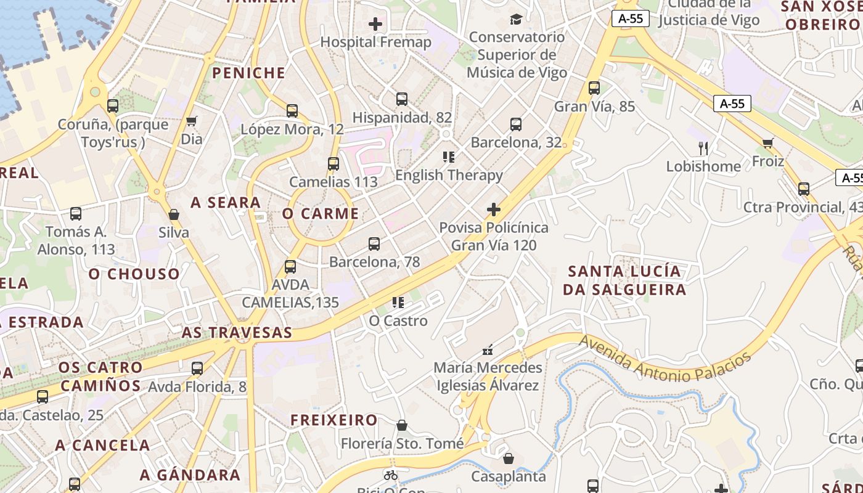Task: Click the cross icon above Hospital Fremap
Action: point(375,25)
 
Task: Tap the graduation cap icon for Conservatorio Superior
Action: point(516,20)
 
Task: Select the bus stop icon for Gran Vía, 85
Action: point(594,88)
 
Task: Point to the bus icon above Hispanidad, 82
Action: point(402,99)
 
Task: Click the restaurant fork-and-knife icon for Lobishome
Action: point(703,148)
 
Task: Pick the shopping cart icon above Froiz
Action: point(767,144)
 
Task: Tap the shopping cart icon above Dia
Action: point(192,121)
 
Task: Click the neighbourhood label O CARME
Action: point(321,214)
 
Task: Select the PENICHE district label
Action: point(249,73)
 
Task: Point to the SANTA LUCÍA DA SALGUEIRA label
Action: point(624,280)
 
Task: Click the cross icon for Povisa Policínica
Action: point(493,210)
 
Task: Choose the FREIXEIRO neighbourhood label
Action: point(334,420)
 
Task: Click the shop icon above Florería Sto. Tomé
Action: point(402,425)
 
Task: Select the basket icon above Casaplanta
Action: point(509,458)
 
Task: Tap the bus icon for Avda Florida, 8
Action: point(197,369)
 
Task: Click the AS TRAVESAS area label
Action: point(237,333)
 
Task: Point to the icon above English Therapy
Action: point(449,157)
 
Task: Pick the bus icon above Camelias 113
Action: point(333,164)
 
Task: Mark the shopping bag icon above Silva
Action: point(174,214)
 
